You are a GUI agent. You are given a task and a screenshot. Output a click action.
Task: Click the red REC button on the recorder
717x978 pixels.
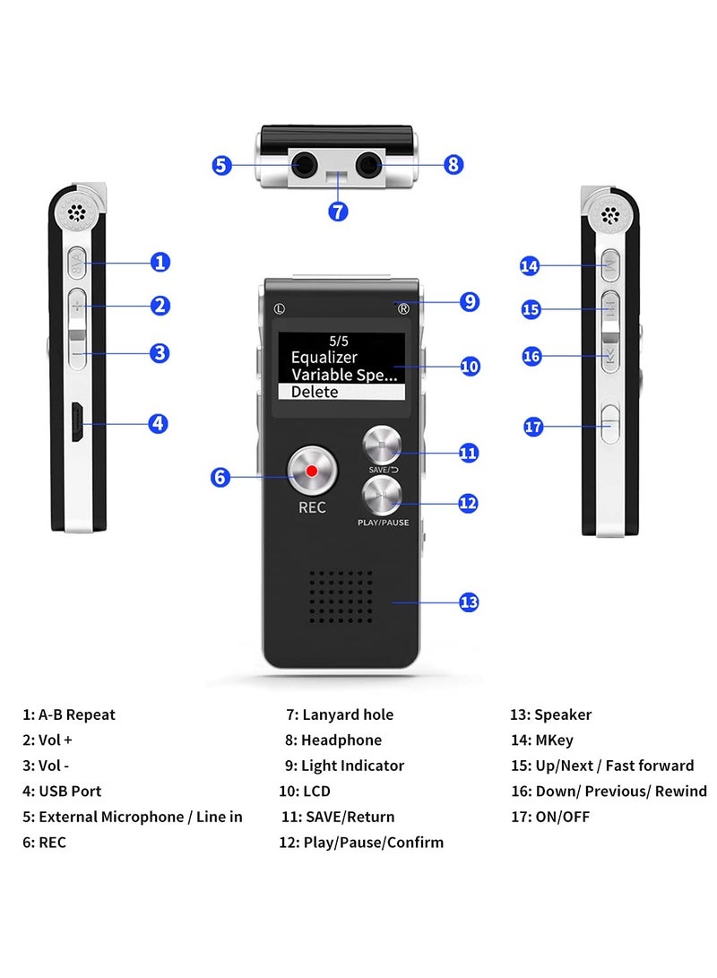(311, 471)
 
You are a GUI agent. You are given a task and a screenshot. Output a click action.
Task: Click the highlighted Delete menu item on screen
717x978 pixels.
(341, 392)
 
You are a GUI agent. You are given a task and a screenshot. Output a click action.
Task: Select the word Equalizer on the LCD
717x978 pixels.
(324, 358)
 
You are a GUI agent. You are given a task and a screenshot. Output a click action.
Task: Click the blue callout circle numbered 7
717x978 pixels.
(338, 212)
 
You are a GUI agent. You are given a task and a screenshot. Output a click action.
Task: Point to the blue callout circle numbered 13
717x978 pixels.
(469, 602)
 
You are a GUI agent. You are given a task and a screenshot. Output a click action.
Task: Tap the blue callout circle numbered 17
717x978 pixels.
(533, 427)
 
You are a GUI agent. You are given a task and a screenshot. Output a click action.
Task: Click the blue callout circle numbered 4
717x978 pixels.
(159, 423)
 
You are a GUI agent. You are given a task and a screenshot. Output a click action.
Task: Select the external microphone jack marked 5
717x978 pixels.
(302, 165)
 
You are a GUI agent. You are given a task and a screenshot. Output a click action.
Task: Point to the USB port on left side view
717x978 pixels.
(78, 422)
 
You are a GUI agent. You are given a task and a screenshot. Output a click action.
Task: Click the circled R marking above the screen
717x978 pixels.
(403, 309)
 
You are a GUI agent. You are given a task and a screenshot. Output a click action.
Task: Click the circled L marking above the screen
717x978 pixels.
(280, 309)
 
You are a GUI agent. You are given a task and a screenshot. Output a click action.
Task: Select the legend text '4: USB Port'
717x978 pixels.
(62, 792)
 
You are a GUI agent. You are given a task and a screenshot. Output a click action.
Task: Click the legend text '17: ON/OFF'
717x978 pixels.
(550, 817)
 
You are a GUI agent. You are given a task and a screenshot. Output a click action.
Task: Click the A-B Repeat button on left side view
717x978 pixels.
(76, 263)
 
